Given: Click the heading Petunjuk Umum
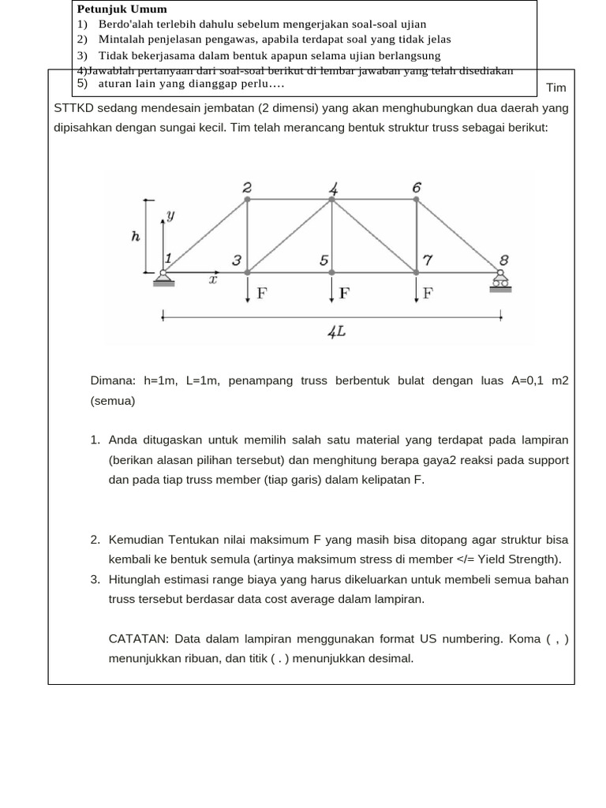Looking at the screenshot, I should point(122,9).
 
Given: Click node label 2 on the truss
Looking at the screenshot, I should point(247,187).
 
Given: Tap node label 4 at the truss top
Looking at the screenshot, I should point(334,189).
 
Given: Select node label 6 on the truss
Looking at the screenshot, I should point(417,187).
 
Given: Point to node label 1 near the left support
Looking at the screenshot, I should point(168,258).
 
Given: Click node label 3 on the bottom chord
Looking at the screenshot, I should point(236,260).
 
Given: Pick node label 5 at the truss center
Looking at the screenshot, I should point(324,260).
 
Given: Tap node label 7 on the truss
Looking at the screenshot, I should point(428,260).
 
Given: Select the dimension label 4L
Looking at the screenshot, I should point(337,332).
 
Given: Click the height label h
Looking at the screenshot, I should point(136,235).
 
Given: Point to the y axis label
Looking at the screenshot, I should point(170,215).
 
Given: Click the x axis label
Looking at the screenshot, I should point(212,279).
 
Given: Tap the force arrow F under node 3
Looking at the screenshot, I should point(249,290).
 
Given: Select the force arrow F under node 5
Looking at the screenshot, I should point(332,290).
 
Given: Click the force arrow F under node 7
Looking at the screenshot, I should point(417,290).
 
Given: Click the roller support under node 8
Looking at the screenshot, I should point(500,283).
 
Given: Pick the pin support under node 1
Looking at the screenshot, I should point(164,278).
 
